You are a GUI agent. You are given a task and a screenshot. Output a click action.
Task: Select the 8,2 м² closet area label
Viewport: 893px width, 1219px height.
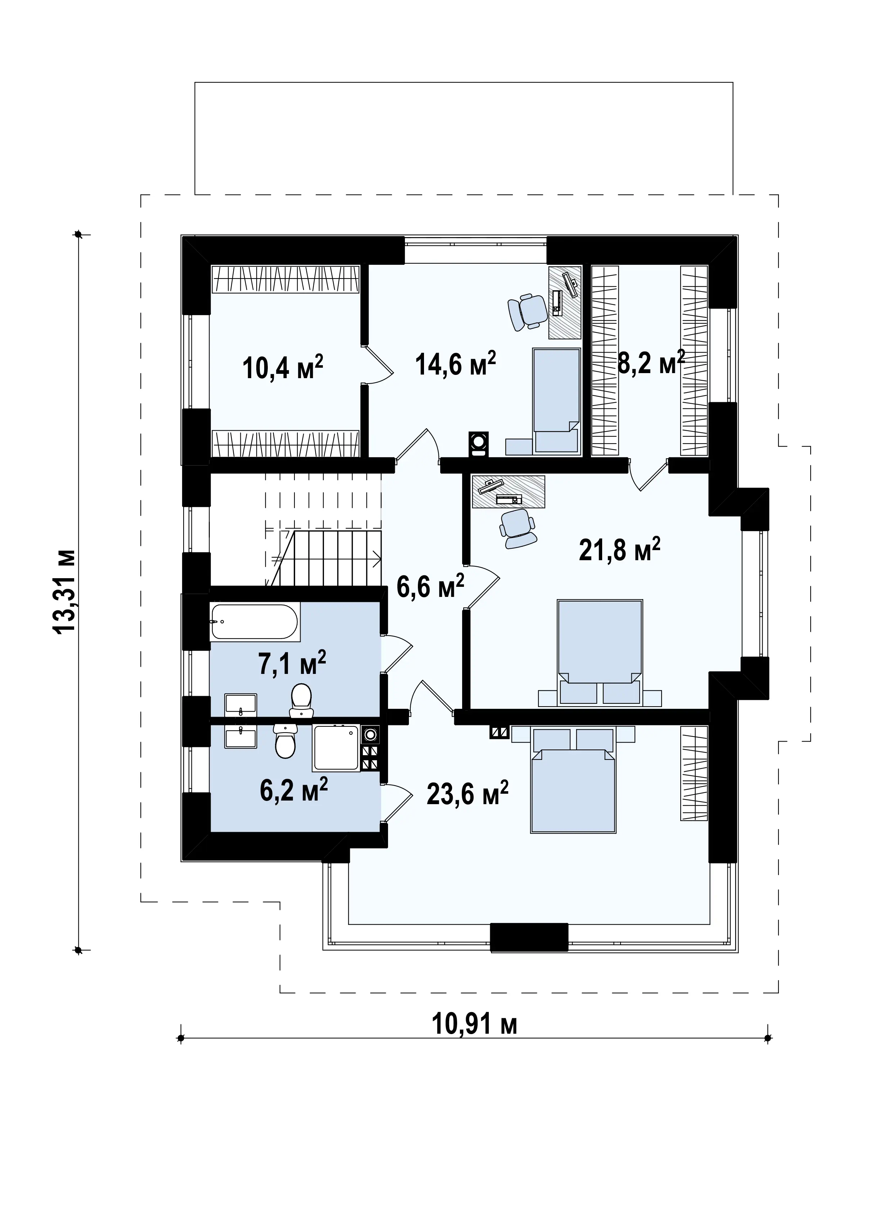(651, 362)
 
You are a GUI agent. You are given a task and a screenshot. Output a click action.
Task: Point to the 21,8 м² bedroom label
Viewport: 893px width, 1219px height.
(619, 549)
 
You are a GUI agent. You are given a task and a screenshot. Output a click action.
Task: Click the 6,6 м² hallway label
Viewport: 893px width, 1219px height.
(430, 586)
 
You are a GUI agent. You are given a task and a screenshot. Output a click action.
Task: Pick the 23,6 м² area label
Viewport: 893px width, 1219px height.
(468, 793)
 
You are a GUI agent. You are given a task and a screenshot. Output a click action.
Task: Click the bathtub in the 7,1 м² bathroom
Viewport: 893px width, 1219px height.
(254, 622)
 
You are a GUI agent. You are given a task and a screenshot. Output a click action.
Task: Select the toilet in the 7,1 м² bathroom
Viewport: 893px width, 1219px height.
(301, 701)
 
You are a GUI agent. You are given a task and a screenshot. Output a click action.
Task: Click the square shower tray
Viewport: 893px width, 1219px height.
(336, 748)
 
